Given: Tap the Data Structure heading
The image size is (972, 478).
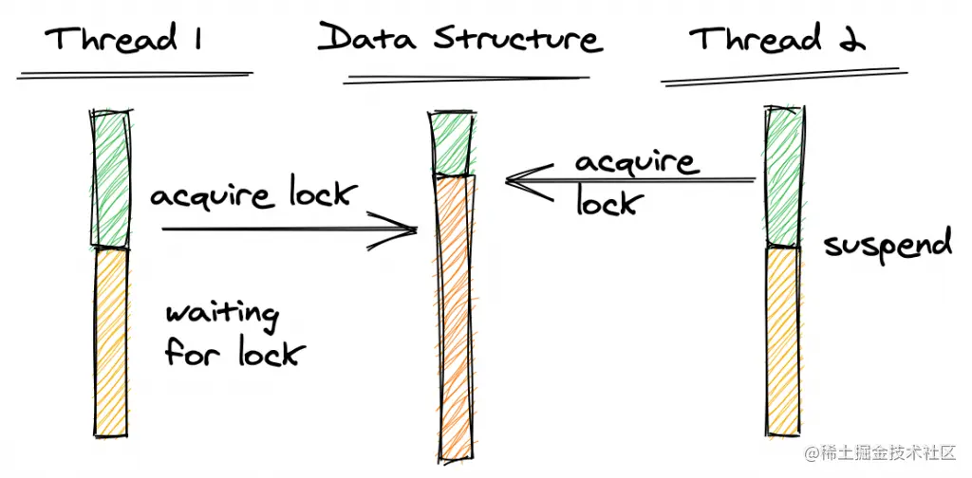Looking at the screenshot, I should pos(459,39).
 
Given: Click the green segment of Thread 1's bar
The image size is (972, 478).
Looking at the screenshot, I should pos(110,178).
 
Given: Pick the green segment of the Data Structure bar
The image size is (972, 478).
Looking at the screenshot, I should pos(452,142).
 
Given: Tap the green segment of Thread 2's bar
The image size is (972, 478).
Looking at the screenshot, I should pos(782,175).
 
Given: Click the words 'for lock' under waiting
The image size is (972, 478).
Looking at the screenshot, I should pos(234,353).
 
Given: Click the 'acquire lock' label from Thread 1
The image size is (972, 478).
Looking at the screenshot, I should pos(252,196).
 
